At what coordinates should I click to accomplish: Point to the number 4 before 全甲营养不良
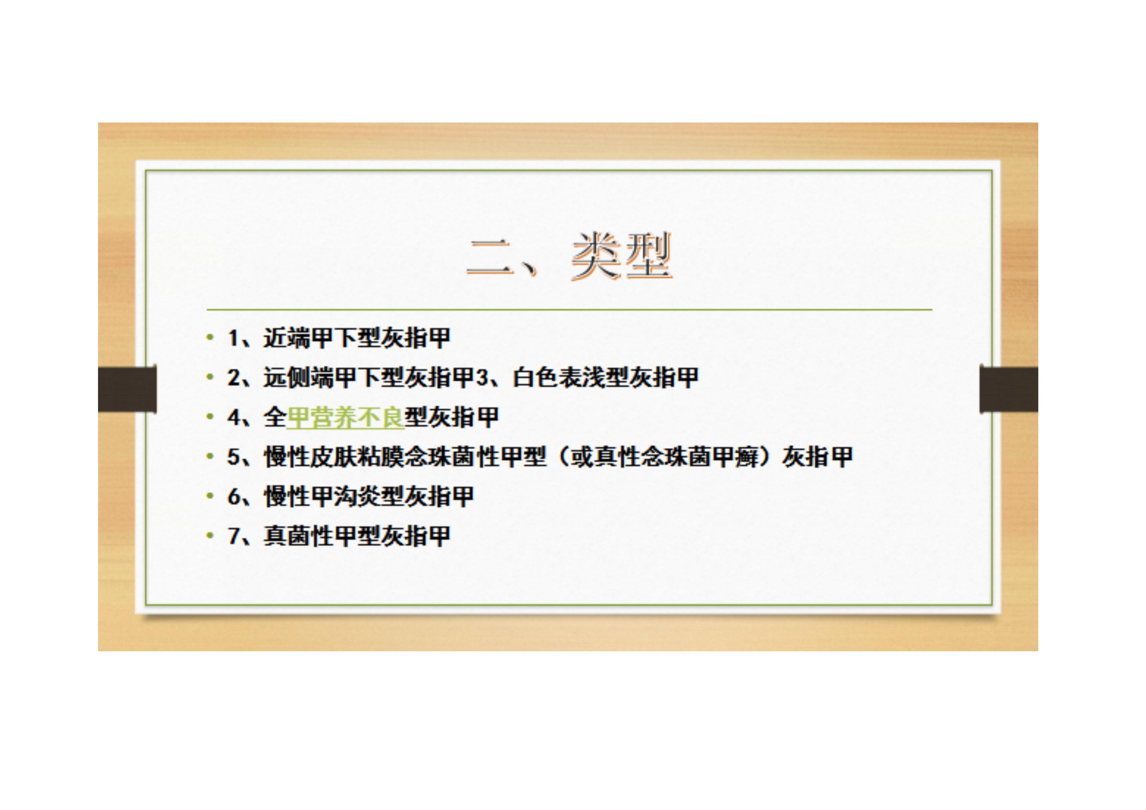234,417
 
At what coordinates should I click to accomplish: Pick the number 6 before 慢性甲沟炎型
234,497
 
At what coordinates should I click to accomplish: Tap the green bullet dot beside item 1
210,338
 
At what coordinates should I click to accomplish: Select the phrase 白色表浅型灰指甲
605,378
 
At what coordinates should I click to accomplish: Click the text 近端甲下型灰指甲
357,338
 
